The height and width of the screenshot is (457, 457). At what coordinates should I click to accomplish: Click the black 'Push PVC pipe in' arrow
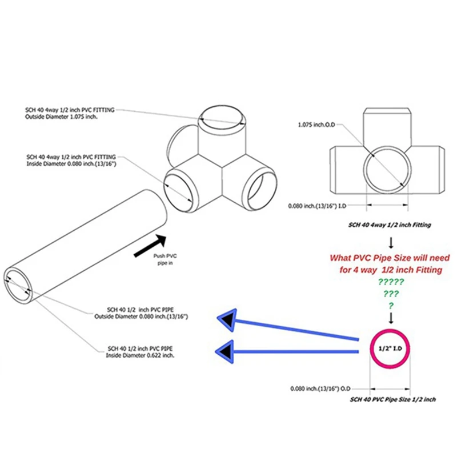[x=150, y=244]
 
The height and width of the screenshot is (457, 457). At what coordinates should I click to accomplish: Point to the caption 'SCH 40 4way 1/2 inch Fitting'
[x=390, y=225]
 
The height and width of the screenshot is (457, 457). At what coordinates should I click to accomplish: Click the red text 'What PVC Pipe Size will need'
[x=390, y=258]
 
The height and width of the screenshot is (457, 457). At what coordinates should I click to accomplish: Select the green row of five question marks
[x=391, y=282]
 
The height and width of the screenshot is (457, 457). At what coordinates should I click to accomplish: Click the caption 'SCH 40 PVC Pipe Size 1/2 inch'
[x=393, y=399]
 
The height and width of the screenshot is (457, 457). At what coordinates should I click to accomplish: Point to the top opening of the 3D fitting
[x=223, y=117]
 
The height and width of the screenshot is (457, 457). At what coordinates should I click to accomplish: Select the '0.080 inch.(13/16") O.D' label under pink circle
[x=316, y=388]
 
